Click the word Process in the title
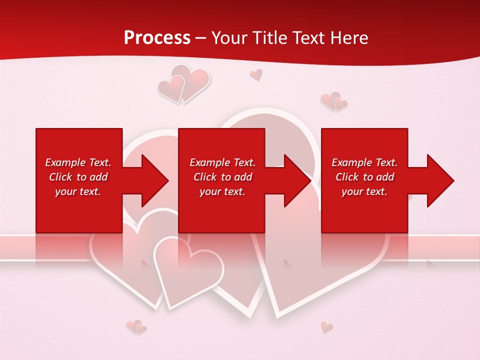[157, 38]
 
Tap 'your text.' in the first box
[78, 191]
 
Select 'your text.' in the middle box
[222, 191]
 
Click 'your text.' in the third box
[364, 191]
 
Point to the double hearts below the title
[183, 84]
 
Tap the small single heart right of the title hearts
[256, 75]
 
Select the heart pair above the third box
[334, 102]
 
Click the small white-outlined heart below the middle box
[187, 270]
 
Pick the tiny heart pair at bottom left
[136, 327]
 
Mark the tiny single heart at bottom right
[326, 327]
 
